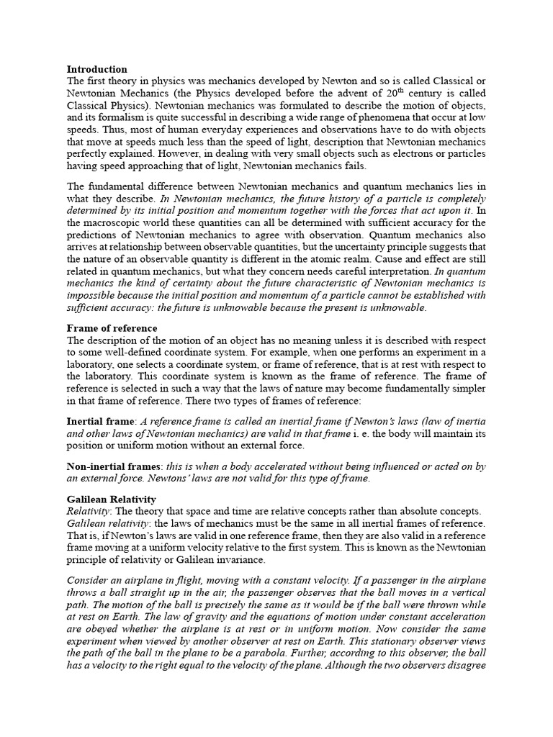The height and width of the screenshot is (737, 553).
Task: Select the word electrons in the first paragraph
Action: [380, 154]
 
